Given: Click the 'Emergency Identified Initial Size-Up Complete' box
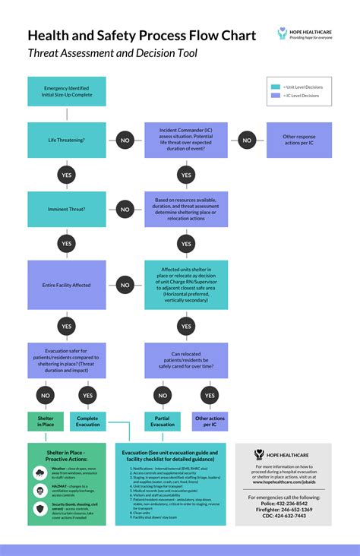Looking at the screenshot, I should (x=67, y=91).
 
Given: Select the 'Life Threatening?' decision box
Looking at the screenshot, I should (x=67, y=141).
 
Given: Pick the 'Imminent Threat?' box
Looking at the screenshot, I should (x=67, y=209).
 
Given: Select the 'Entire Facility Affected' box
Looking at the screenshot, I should (x=67, y=286).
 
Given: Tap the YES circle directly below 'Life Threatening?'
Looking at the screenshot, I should (x=67, y=175).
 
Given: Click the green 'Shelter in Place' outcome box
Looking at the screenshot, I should (x=46, y=421).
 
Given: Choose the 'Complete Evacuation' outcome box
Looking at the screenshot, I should (x=88, y=421).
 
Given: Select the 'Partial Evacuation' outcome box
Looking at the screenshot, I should (x=162, y=421).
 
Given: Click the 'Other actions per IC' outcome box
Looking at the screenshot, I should (x=209, y=421).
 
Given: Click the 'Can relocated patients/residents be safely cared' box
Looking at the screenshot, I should (x=186, y=360).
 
